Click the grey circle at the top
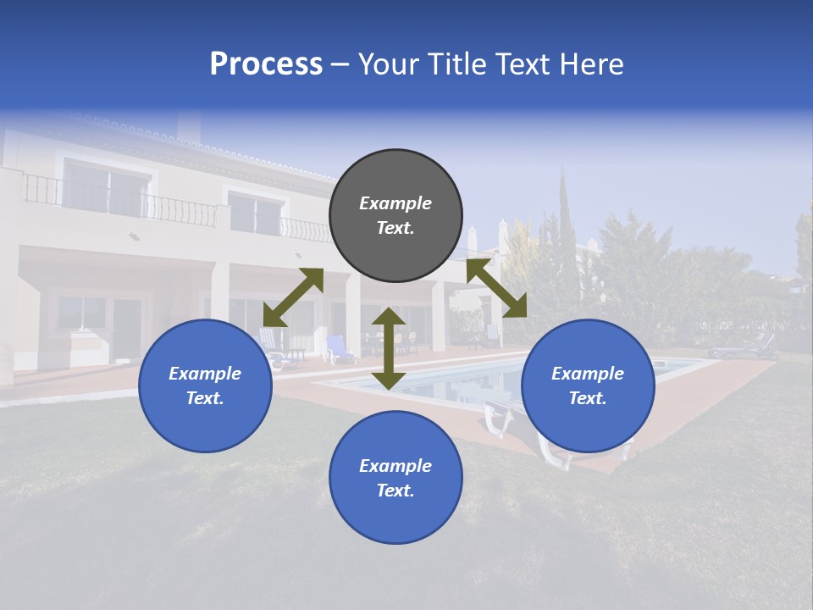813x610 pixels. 395,215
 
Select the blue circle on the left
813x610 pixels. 205,385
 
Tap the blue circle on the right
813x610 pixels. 588,385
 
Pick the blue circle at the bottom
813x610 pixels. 395,478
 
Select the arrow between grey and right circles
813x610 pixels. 496,288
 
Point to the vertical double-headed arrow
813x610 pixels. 389,348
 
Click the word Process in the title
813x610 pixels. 266,64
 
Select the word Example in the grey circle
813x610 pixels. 395,203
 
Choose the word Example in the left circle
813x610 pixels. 205,374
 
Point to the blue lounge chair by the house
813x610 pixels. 340,348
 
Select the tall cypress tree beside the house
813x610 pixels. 566,254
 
